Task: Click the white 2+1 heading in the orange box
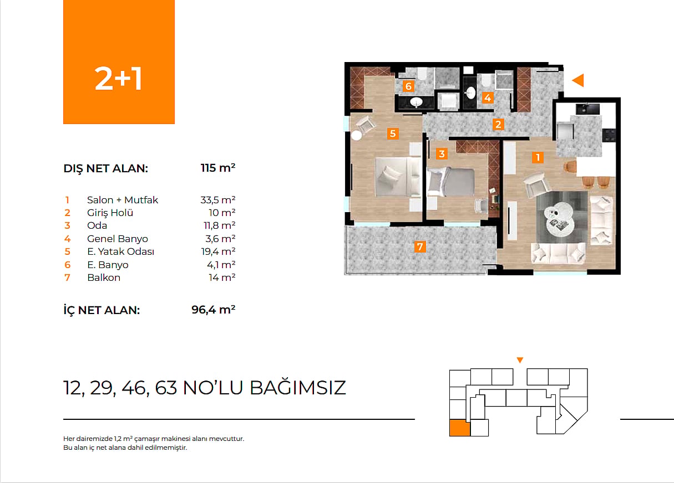pos(118,79)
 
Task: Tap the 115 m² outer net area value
pos(218,168)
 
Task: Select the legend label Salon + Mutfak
pos(123,200)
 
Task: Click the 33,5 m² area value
pos(218,200)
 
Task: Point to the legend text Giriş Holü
pos(110,213)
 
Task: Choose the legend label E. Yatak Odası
pos(121,251)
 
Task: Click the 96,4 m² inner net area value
pos(214,310)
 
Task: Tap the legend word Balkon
pos(104,278)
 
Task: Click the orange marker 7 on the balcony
pos(420,247)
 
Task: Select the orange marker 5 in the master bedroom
pos(393,133)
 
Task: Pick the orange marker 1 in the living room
pos(538,157)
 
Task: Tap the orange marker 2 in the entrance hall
pos(498,124)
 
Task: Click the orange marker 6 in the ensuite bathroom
pos(408,86)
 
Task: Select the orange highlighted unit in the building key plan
pos(460,428)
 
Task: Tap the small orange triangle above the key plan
pos(520,360)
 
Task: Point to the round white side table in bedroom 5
pos(357,135)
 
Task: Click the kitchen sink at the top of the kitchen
pos(587,109)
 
